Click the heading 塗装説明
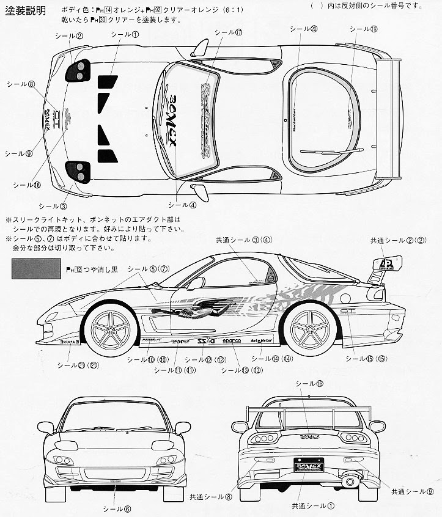point(24,13)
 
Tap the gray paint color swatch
point(36,268)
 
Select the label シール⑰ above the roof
point(229,32)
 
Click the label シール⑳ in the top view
point(304,29)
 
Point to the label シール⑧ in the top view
point(21,84)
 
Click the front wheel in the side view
point(110,331)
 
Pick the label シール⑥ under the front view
point(116,508)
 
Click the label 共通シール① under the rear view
point(313,506)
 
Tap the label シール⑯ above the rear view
point(309,383)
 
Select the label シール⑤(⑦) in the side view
point(148,269)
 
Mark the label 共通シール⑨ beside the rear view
point(413,491)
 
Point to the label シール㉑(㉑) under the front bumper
point(78,365)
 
